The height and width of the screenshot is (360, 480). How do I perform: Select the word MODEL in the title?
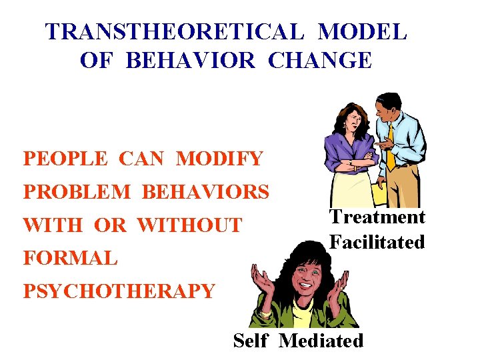[362, 31]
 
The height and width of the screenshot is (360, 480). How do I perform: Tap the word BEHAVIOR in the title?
[190, 60]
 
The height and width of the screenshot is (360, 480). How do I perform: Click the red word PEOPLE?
[65, 159]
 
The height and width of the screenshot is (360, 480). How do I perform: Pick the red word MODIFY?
[219, 159]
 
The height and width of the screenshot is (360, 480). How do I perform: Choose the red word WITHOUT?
[189, 225]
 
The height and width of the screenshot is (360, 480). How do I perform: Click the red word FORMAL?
[70, 257]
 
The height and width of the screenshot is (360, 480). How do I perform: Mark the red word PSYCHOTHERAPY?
[119, 291]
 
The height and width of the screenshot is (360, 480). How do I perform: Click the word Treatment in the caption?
[377, 217]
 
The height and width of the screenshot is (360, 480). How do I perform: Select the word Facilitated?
[377, 242]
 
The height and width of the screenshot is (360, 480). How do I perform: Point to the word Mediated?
[321, 341]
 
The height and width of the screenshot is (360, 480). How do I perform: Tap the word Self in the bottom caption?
[251, 341]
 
